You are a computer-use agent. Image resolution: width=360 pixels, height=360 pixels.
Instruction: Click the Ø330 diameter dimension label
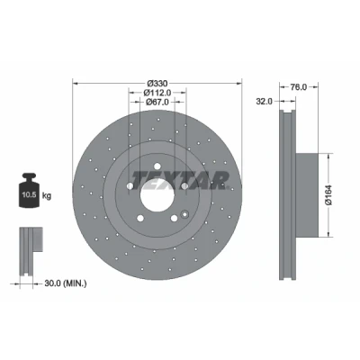coord(157,83)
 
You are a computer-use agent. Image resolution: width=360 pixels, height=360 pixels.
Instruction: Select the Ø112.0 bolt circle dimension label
coord(157,93)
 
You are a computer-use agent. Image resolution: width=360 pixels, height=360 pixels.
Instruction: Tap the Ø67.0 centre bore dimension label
coord(157,102)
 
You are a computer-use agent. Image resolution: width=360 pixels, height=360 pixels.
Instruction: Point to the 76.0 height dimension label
coord(299,87)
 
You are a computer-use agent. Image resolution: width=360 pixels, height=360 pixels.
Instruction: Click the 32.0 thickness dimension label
coord(264,102)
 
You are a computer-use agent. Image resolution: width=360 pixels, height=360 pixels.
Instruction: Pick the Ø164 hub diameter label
coord(328,194)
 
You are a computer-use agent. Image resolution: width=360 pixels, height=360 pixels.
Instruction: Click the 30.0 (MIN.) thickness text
coord(66,283)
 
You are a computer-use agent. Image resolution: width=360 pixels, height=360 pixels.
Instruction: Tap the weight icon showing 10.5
coord(29,190)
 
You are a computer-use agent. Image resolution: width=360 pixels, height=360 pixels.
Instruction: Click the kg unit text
coord(47,196)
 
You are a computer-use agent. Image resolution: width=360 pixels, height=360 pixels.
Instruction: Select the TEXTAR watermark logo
coord(180,181)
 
